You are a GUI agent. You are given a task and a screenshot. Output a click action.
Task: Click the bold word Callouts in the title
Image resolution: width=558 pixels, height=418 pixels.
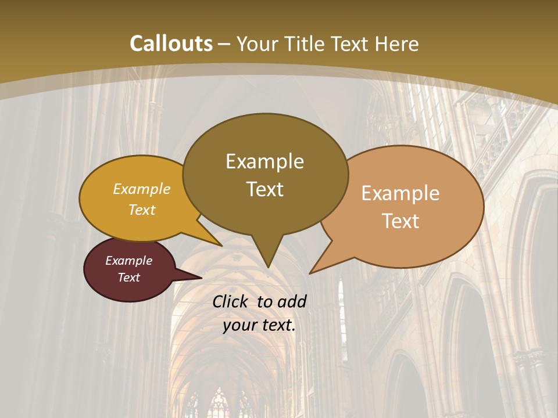coord(171,44)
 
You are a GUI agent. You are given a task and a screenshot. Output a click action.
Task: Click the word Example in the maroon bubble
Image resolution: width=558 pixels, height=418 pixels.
coord(128,261)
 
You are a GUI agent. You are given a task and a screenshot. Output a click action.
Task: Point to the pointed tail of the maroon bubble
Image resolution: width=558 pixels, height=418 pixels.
coord(198,278)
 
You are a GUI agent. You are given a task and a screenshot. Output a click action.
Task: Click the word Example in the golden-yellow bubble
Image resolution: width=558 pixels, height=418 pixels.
coord(142,189)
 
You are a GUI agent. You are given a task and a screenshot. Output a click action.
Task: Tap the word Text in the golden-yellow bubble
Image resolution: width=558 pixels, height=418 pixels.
coord(142,210)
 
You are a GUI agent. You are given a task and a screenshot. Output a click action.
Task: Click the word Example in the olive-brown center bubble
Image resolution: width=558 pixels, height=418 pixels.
coord(264,161)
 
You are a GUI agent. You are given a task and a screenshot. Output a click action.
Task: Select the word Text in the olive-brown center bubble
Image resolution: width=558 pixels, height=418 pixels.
coord(264,189)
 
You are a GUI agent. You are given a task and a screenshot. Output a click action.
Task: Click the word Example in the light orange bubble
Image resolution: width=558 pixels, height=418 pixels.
coord(400,193)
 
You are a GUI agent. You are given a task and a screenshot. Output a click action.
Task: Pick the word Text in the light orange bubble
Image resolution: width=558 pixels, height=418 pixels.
coord(400,221)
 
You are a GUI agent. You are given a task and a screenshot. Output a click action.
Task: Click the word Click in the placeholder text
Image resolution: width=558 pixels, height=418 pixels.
coord(231,301)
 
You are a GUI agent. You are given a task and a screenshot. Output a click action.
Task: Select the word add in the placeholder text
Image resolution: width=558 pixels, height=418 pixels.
coord(291,301)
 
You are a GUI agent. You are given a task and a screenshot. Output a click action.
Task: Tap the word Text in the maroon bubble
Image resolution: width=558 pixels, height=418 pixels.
coord(128,278)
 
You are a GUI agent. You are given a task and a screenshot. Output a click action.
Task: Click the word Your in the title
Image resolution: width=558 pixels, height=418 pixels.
coord(257,44)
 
